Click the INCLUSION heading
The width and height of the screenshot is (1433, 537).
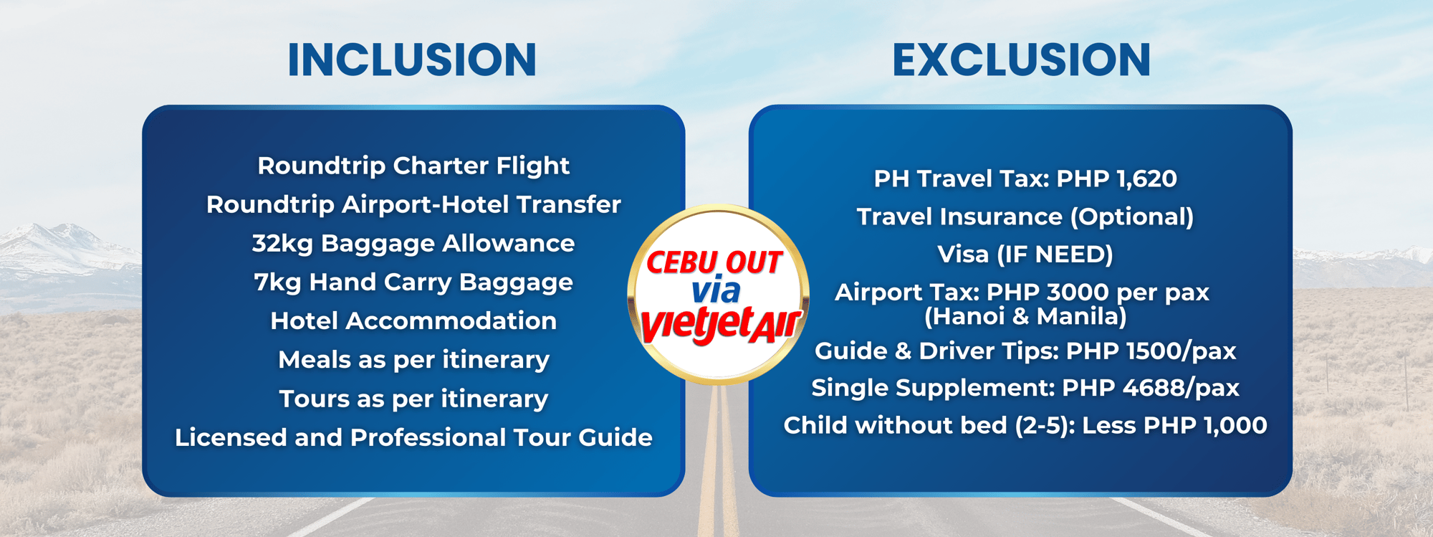tap(412, 60)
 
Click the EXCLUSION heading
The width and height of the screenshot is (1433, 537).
tap(1022, 60)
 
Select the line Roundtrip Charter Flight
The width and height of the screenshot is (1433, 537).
tap(413, 166)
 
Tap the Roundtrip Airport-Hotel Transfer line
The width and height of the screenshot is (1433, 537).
tap(413, 205)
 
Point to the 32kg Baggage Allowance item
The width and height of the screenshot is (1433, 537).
tap(413, 244)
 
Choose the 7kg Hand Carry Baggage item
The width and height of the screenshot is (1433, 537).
tap(413, 282)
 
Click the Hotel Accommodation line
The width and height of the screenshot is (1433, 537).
tap(413, 320)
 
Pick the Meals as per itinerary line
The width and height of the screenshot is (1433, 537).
tap(413, 360)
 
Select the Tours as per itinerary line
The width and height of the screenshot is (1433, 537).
tap(413, 399)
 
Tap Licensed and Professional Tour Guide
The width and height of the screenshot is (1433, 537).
tap(413, 437)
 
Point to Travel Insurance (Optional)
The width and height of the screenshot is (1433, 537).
tap(1025, 217)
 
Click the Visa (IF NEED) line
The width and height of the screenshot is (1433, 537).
tap(1025, 255)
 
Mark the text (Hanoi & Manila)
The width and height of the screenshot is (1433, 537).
tap(1025, 316)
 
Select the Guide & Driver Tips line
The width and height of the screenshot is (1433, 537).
tap(1025, 351)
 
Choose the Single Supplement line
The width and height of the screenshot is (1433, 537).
tap(1025, 388)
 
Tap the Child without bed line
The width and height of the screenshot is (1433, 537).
tap(1025, 426)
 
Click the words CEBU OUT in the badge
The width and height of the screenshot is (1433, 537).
tap(714, 262)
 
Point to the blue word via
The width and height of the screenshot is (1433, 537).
tap(716, 290)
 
